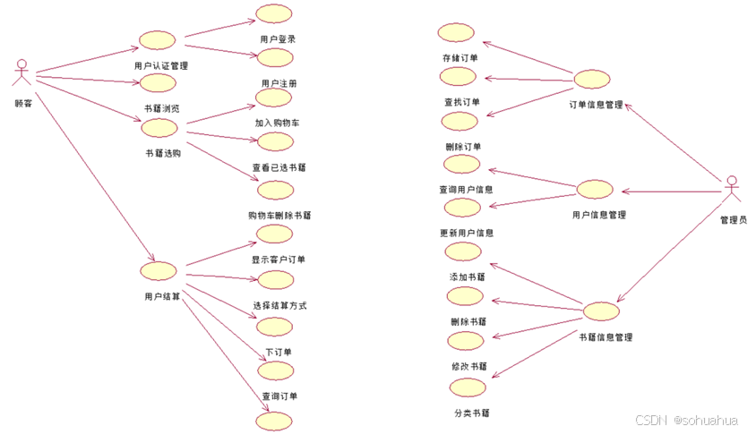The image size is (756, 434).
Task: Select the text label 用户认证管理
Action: point(160,65)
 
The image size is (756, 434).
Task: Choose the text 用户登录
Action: point(278,39)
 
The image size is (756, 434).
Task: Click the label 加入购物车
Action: point(277,123)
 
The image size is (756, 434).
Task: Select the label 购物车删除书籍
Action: point(279,216)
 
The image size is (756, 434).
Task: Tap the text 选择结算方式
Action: point(279,305)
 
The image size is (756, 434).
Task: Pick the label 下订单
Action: point(278,352)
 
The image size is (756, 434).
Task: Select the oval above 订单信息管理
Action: point(591,79)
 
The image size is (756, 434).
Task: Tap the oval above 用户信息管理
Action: point(595,189)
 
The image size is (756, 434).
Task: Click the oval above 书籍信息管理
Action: point(601,311)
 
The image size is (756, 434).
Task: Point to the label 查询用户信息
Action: point(466,190)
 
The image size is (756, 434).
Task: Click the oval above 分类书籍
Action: point(467,387)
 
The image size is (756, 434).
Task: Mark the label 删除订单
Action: point(462,147)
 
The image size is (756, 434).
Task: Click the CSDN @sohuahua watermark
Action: point(687,421)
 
